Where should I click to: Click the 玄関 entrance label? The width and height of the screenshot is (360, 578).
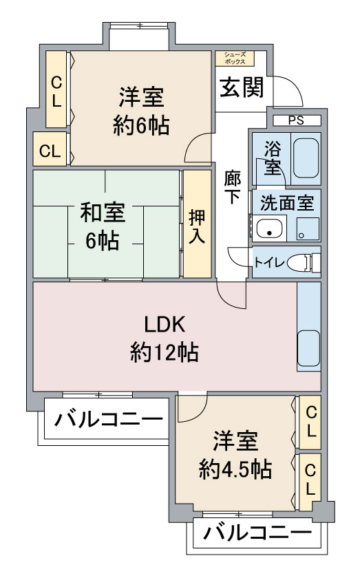click(242, 87)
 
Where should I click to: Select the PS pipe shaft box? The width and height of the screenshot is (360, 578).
click(295, 120)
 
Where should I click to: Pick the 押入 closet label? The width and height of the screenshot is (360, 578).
click(197, 224)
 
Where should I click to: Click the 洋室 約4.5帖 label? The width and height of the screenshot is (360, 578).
click(235, 454)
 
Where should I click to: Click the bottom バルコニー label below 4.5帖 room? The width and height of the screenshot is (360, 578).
click(257, 533)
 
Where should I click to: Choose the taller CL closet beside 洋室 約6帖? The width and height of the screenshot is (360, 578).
click(56, 90)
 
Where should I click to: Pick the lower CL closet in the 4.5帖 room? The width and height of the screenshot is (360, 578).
click(310, 480)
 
